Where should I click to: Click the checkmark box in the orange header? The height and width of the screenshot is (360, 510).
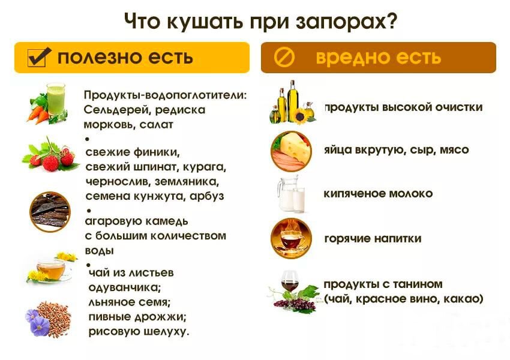37,57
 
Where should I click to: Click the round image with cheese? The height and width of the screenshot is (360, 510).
292,150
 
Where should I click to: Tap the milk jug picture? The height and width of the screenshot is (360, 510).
291,193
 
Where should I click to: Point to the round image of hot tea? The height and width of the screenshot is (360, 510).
291,238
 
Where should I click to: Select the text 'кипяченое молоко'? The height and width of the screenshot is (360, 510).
378,194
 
